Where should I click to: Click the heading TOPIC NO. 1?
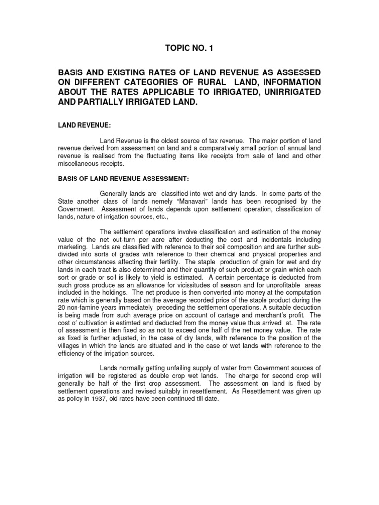(x=189, y=48)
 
